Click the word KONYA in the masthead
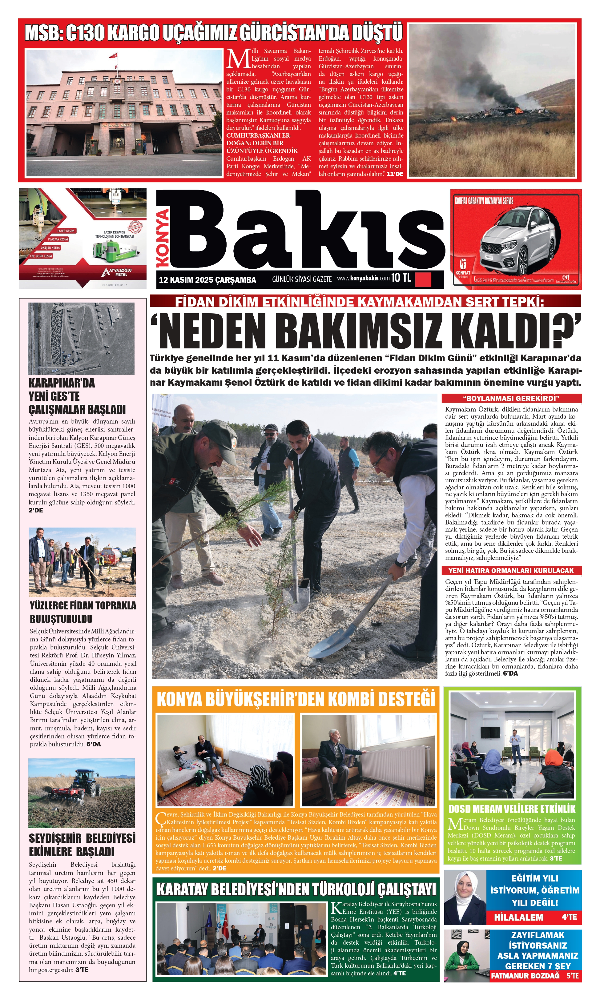coord(163,238)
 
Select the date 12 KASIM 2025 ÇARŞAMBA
coord(207,280)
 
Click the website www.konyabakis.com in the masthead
coord(363,278)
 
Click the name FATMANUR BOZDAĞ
coord(525,975)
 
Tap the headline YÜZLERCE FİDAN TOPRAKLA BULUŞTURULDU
coord(83,612)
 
